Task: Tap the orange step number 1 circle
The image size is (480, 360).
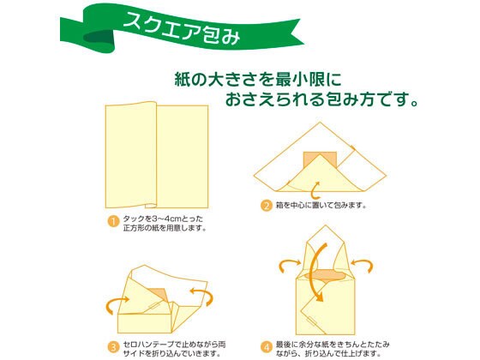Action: pyautogui.click(x=113, y=221)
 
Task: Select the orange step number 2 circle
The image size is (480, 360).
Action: pyautogui.click(x=267, y=205)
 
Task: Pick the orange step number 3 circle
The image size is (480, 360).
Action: pyautogui.click(x=113, y=347)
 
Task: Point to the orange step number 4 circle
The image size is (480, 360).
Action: pyautogui.click(x=267, y=347)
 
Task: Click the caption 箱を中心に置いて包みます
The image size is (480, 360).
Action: pyautogui.click(x=321, y=205)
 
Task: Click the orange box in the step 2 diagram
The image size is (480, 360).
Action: pyautogui.click(x=320, y=159)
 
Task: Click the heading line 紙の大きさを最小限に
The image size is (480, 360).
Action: pyautogui.click(x=258, y=79)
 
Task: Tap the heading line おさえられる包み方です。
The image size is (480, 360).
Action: pyautogui.click(x=321, y=99)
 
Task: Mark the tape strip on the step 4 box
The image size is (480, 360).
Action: pyautogui.click(x=313, y=321)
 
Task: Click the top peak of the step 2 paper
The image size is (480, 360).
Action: pyautogui.click(x=321, y=123)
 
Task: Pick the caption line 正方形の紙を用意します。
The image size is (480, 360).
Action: pyautogui.click(x=165, y=228)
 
